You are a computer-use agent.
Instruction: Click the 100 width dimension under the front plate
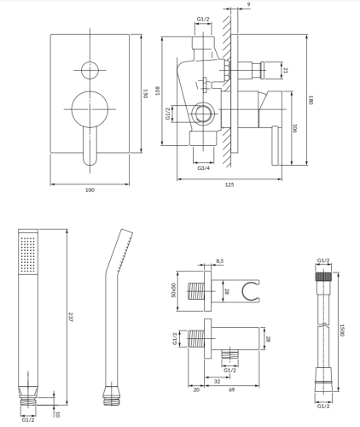pyautogui.click(x=90, y=189)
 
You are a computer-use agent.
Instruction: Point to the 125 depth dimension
pyautogui.click(x=230, y=184)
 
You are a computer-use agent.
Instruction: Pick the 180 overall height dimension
pyautogui.click(x=312, y=100)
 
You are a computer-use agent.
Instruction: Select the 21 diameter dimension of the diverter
pyautogui.click(x=286, y=71)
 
